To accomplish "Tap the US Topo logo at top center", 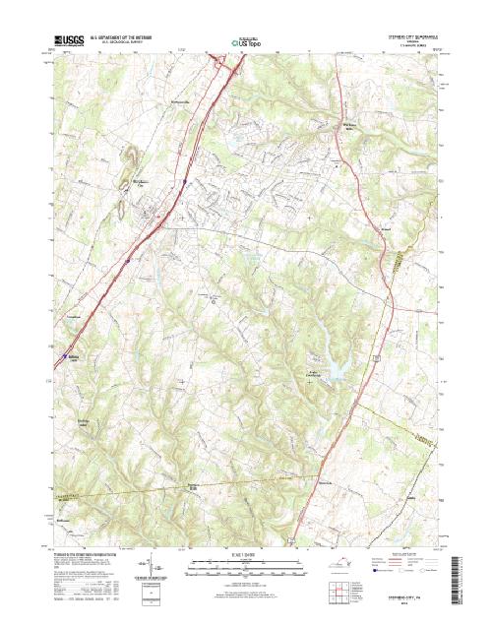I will [x=246, y=43].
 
